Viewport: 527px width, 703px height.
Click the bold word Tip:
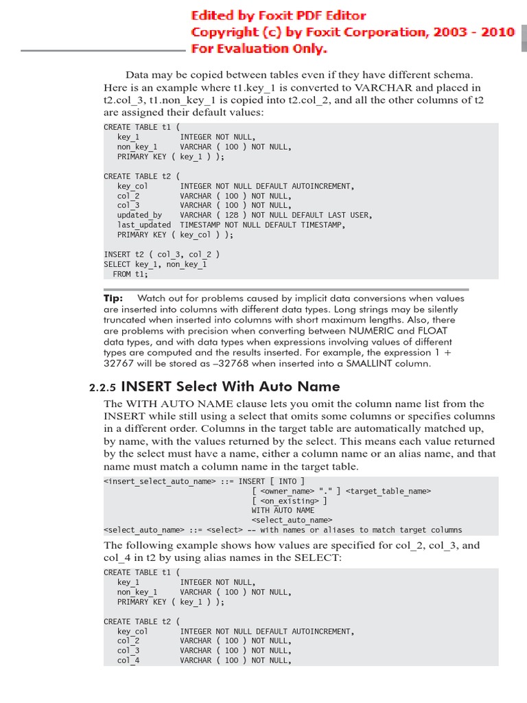(x=113, y=299)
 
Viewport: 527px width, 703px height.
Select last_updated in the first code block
(x=144, y=224)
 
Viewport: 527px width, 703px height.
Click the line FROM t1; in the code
(x=130, y=274)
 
